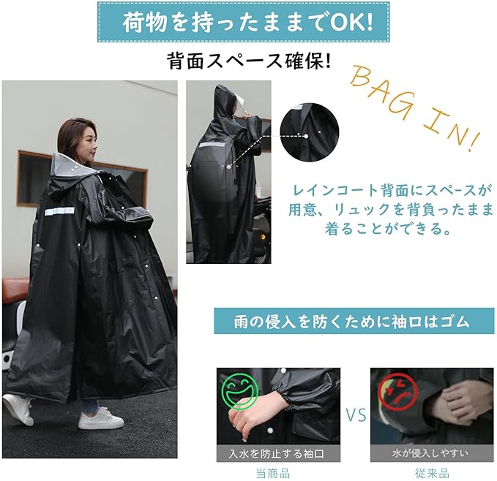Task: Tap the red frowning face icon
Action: point(398,392)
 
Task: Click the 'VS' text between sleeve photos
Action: point(356,415)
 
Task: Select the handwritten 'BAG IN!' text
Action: point(414,108)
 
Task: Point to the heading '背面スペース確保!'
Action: point(249,61)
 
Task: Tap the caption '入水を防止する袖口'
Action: point(277,454)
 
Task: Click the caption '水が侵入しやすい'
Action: point(430,454)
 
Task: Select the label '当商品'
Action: point(273,474)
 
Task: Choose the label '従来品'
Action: point(432,474)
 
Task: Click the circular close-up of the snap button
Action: point(310,132)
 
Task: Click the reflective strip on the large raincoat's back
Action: point(60,211)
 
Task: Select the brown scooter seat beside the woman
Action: point(15,288)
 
